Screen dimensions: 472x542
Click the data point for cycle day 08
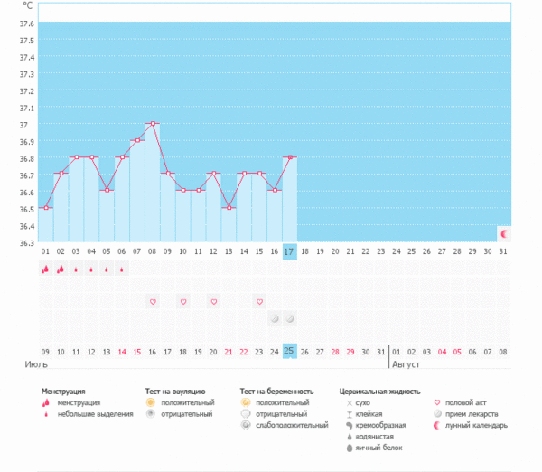click(153, 123)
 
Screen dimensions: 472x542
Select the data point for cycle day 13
click(229, 208)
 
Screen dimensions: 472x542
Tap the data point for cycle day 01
click(46, 208)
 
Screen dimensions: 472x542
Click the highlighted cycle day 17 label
click(289, 250)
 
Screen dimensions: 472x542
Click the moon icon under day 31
click(503, 233)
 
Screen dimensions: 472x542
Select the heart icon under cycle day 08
click(153, 301)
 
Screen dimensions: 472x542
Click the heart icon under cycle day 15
click(259, 301)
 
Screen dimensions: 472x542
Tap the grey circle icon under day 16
click(275, 318)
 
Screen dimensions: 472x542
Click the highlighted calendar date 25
click(289, 351)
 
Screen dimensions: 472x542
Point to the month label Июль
click(36, 364)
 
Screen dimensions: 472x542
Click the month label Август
click(406, 364)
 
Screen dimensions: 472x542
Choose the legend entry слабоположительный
click(287, 425)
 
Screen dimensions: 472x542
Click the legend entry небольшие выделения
click(89, 414)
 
